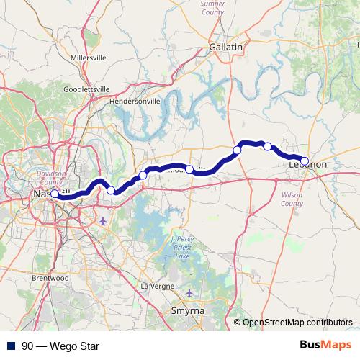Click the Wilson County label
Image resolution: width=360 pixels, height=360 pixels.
tap(292, 199)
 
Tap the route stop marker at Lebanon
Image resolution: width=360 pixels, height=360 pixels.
tap(305, 161)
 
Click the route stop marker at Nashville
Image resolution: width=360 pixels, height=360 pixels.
tap(55, 194)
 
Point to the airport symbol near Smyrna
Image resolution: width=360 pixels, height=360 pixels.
tap(189, 293)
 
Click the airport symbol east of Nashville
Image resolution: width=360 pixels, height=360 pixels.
tap(104, 220)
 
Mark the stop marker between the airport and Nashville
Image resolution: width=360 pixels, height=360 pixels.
tap(111, 190)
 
